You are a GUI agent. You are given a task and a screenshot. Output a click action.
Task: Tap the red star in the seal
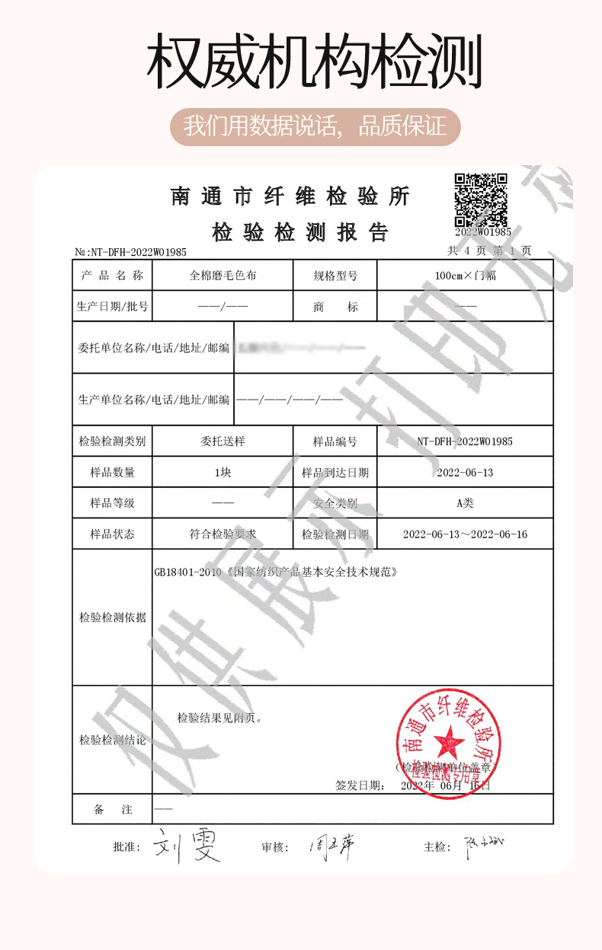(x=448, y=740)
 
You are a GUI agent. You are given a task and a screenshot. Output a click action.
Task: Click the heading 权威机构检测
(x=314, y=62)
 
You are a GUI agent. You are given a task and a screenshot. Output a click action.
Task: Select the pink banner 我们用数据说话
(x=315, y=126)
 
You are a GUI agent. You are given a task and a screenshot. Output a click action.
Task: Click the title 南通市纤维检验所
(x=290, y=197)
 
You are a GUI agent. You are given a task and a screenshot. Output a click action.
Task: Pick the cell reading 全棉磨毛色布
(x=223, y=276)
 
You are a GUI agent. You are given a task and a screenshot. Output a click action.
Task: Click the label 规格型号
(x=335, y=276)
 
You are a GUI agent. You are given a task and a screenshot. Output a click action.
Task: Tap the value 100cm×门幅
(x=465, y=276)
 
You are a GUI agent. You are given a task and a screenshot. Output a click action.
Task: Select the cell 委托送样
(x=223, y=442)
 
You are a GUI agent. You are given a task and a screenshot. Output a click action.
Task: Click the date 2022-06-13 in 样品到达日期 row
(x=465, y=473)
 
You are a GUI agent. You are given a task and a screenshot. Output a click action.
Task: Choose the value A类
(x=465, y=503)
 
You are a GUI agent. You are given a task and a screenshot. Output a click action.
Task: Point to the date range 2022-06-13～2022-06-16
(x=465, y=534)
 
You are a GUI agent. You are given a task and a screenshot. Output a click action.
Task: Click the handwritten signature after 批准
(x=187, y=846)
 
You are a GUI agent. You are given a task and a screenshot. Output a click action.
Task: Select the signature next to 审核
(x=332, y=845)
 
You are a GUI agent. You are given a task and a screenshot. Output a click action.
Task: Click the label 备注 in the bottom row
(x=112, y=811)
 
